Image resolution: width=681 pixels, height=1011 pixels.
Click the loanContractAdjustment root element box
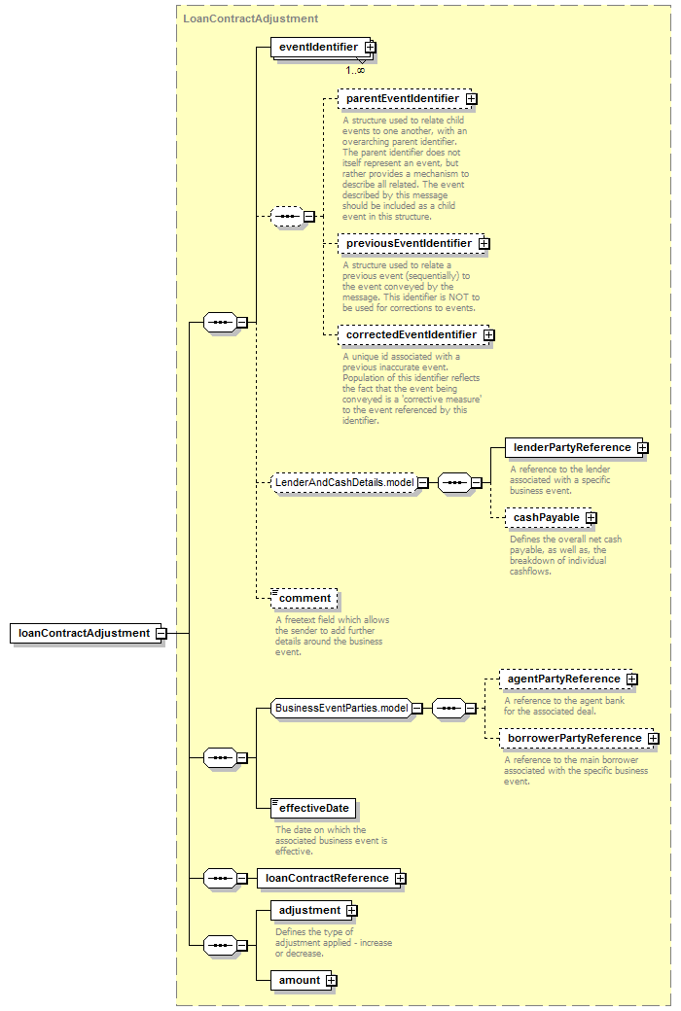pyautogui.click(x=85, y=633)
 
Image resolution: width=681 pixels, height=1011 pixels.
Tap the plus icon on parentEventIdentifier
pyautogui.click(x=472, y=98)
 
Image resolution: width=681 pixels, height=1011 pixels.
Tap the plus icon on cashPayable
pyautogui.click(x=591, y=518)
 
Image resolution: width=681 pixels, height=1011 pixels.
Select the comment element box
pyautogui.click(x=305, y=599)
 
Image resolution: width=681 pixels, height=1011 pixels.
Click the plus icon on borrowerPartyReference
pyautogui.click(x=654, y=738)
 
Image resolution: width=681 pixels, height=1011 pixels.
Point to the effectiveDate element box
pyautogui.click(x=313, y=809)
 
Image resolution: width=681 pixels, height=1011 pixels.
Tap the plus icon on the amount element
pyautogui.click(x=331, y=981)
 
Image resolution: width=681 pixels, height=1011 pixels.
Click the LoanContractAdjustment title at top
pyautogui.click(x=250, y=18)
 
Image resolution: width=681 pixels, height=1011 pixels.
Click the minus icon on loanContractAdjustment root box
pyautogui.click(x=161, y=634)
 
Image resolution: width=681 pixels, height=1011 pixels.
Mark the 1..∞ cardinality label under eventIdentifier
pyautogui.click(x=355, y=70)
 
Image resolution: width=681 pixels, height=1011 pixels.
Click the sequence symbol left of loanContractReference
pyautogui.click(x=220, y=878)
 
